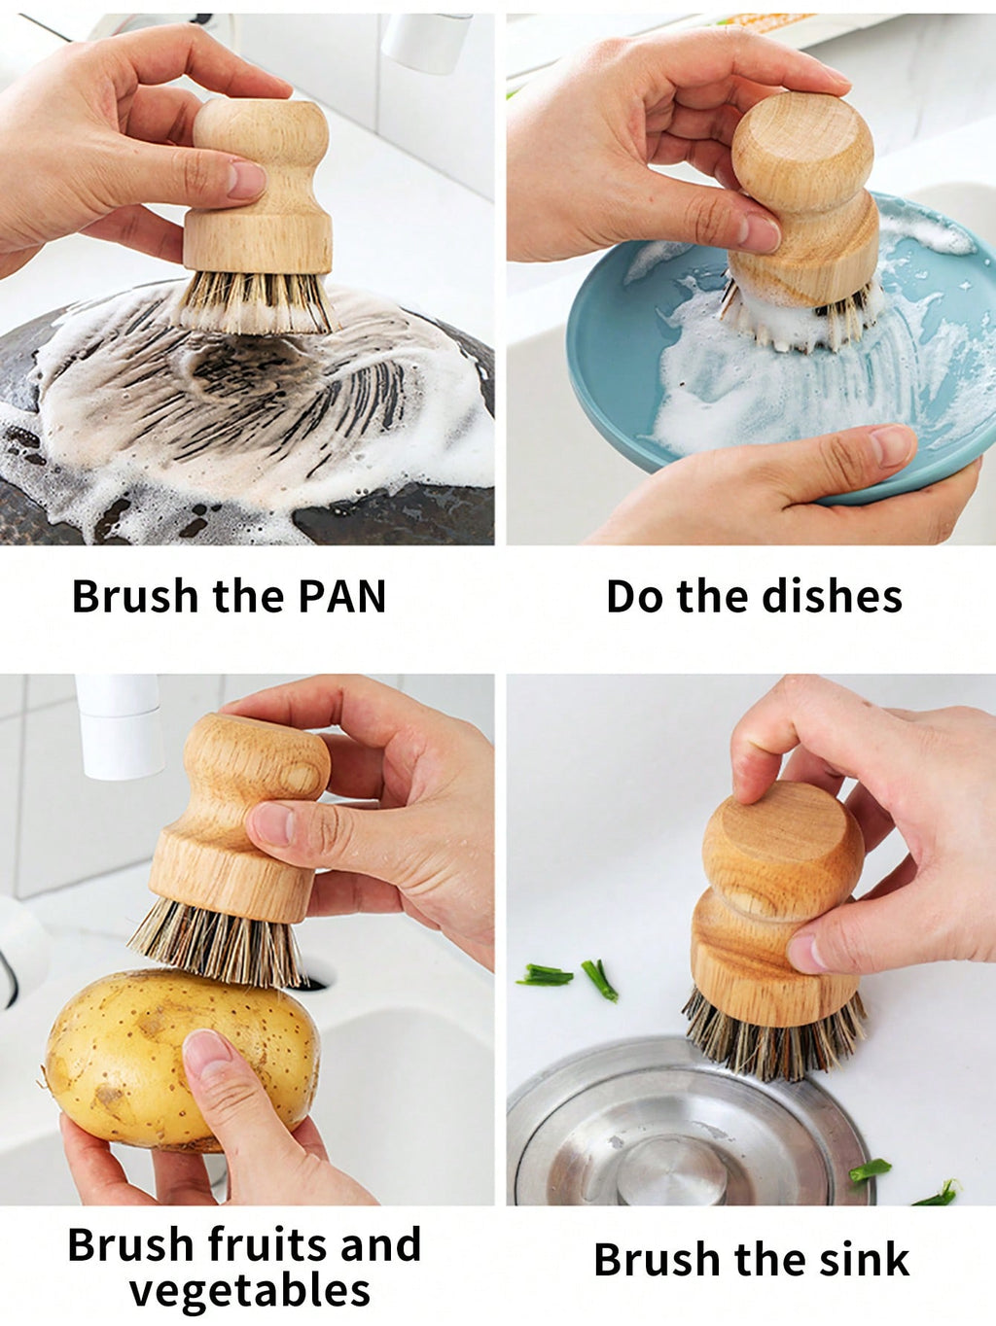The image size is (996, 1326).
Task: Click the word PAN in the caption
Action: (342, 596)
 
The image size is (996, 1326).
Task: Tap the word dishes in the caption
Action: (833, 596)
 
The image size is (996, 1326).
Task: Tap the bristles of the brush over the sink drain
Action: (773, 1036)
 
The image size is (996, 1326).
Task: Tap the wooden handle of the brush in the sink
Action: (780, 906)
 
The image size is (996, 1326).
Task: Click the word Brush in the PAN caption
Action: (135, 596)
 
